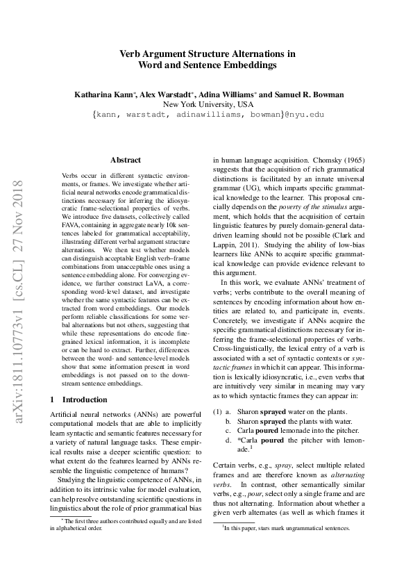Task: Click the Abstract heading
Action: [126, 160]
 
